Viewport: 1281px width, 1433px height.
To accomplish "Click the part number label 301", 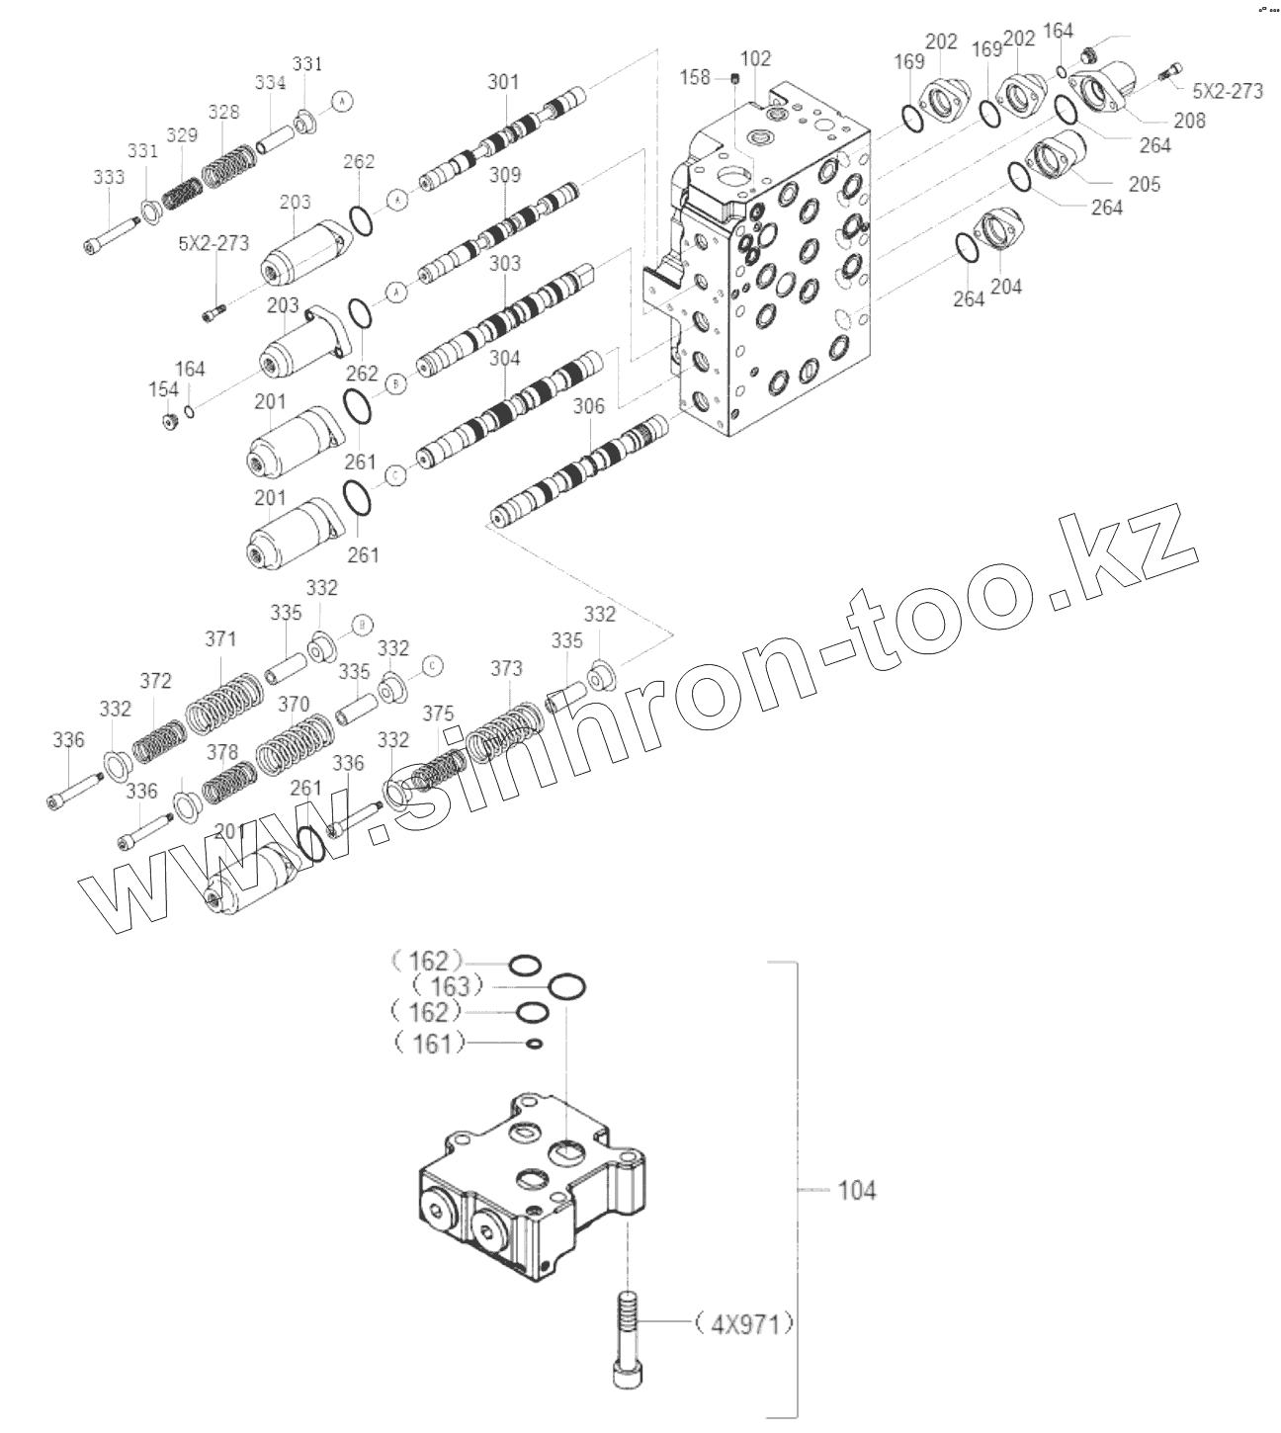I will [x=502, y=82].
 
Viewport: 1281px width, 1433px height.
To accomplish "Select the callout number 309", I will [x=504, y=177].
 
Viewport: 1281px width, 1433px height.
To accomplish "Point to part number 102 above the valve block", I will [x=755, y=59].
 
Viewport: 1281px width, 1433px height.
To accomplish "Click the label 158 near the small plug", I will [x=696, y=77].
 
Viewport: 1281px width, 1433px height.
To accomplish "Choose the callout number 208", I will [x=1190, y=121].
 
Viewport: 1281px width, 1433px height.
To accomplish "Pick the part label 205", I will [x=1145, y=184].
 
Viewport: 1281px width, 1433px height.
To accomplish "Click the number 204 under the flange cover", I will [x=1006, y=287].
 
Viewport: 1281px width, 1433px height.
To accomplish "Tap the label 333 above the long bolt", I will [x=109, y=178].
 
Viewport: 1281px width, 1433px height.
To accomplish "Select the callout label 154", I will [x=164, y=390].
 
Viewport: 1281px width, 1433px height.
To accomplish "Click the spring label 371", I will [x=220, y=639].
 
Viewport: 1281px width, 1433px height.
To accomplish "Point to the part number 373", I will [x=506, y=670].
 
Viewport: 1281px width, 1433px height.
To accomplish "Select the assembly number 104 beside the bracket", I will [x=856, y=1191].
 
